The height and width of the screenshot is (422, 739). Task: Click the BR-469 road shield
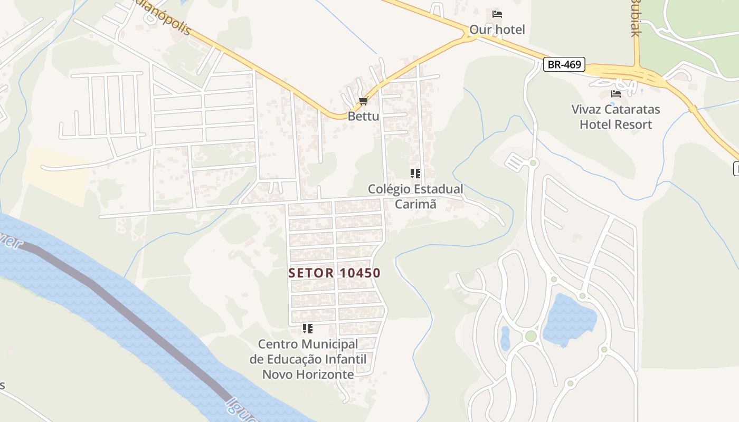point(565,65)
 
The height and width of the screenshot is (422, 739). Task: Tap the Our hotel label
point(497,30)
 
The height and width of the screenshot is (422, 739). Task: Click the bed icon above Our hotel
point(497,14)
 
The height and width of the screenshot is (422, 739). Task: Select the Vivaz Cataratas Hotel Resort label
point(615,117)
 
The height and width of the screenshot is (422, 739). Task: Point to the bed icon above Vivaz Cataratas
point(615,94)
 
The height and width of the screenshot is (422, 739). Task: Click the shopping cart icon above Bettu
point(363,101)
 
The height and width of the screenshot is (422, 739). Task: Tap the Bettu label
point(363,116)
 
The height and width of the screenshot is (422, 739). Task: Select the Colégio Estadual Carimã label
point(415,196)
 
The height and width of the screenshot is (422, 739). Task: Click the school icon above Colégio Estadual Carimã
point(415,173)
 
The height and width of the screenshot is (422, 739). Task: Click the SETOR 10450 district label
point(335,273)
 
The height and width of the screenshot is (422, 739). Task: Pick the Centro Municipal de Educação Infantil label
point(308,359)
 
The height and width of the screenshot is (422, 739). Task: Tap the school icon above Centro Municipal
point(308,329)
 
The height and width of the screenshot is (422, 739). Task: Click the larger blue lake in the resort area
point(569,319)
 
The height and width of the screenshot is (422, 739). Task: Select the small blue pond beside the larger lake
point(505,339)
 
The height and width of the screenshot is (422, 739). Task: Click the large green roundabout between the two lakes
point(530,336)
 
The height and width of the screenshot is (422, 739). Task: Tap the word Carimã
point(415,204)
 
